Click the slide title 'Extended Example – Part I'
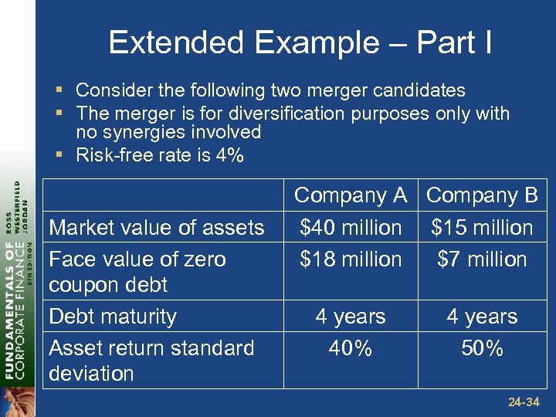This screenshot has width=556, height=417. pyautogui.click(x=300, y=42)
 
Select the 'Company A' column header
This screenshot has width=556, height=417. pyautogui.click(x=351, y=195)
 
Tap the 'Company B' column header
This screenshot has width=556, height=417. pyautogui.click(x=482, y=195)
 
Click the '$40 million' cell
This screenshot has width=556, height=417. pyautogui.click(x=351, y=227)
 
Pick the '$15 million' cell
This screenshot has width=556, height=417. pyautogui.click(x=482, y=227)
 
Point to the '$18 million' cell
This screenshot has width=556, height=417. pyautogui.click(x=351, y=259)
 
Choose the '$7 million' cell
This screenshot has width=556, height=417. pyautogui.click(x=482, y=259)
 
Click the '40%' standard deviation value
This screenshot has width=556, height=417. pyautogui.click(x=351, y=348)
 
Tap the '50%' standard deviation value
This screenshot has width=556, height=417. pyautogui.click(x=482, y=348)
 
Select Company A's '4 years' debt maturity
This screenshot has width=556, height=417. pyautogui.click(x=351, y=317)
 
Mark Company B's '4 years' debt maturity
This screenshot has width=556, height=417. pyautogui.click(x=482, y=317)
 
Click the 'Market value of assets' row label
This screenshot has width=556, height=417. pyautogui.click(x=156, y=227)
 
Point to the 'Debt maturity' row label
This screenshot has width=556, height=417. pyautogui.click(x=113, y=317)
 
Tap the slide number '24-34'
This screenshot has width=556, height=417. pyautogui.click(x=523, y=402)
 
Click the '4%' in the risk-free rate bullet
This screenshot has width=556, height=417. pyautogui.click(x=229, y=155)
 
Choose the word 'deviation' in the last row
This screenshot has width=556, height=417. pyautogui.click(x=91, y=373)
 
